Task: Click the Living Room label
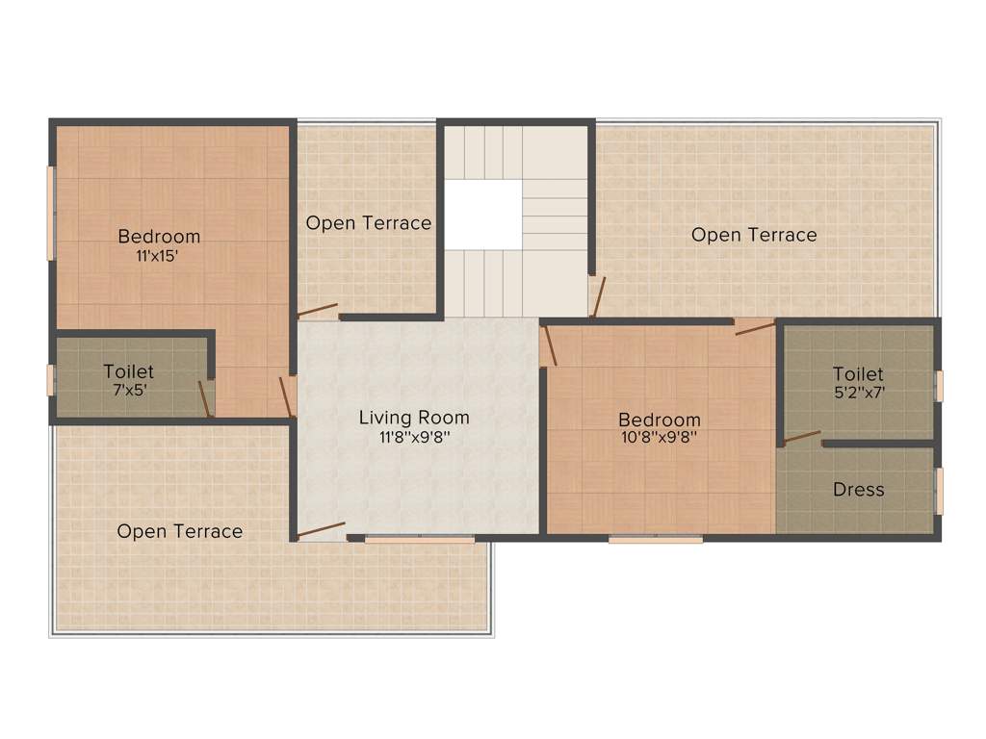(414, 418)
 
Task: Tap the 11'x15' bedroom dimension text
(159, 257)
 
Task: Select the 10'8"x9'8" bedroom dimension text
(659, 436)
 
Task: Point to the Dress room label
(858, 490)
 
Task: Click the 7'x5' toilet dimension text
(128, 391)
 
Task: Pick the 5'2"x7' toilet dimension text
(858, 393)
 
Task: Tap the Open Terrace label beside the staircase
(369, 223)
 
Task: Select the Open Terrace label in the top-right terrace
(754, 235)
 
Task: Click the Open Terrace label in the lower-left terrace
(180, 531)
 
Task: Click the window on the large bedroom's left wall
(51, 214)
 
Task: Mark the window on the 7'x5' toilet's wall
(51, 380)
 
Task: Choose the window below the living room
(420, 540)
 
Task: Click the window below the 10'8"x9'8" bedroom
(656, 539)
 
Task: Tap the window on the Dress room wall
(939, 492)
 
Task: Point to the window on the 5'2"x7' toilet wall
(939, 386)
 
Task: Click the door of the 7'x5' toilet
(204, 396)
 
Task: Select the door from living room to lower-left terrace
(321, 530)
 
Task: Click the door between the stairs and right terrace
(598, 297)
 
